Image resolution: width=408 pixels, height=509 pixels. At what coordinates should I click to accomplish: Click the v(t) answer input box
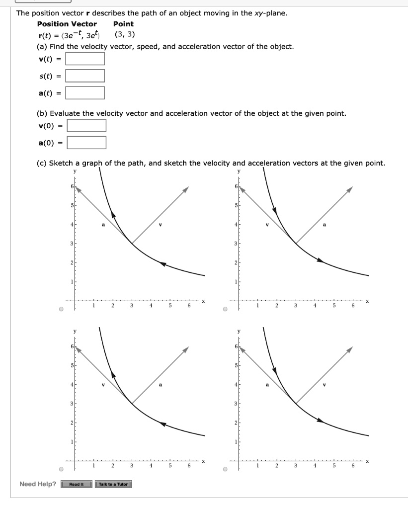click(85, 59)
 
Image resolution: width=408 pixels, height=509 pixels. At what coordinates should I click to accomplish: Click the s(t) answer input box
click(85, 76)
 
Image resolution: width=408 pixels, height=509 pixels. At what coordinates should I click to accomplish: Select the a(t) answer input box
click(85, 93)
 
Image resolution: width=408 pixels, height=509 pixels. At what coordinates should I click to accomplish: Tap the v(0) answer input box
click(86, 126)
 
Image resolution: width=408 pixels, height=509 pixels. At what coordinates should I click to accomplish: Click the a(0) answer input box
click(86, 143)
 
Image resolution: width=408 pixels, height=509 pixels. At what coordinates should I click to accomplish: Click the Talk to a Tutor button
click(113, 484)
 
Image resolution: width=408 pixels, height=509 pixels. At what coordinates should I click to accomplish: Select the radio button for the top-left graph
click(61, 308)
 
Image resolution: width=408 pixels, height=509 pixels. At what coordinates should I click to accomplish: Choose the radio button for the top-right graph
click(225, 308)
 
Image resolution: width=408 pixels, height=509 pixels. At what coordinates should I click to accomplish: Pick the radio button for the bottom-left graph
click(61, 469)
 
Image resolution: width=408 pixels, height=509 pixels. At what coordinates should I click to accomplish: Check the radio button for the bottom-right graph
click(225, 469)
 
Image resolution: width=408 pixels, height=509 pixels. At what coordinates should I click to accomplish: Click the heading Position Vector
click(67, 24)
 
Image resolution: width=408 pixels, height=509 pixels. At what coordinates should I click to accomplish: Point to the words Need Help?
click(38, 484)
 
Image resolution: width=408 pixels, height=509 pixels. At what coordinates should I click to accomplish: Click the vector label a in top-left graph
click(103, 224)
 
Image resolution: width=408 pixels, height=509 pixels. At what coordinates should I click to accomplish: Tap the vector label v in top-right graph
click(267, 224)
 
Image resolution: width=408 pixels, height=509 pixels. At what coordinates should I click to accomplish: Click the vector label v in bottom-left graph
click(103, 385)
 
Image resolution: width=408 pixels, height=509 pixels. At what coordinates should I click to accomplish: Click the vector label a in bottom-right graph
click(267, 385)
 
